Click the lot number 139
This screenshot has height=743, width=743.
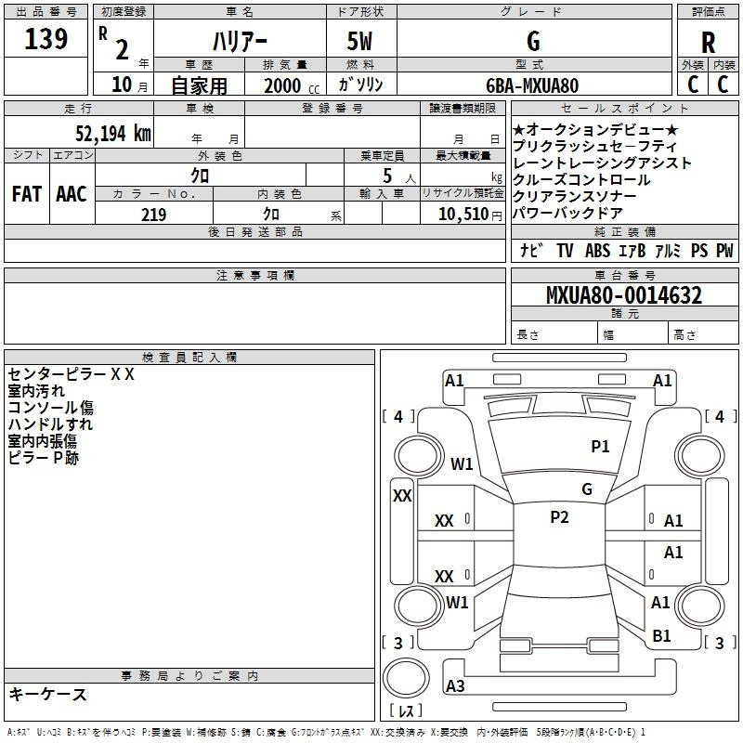pyautogui.click(x=46, y=40)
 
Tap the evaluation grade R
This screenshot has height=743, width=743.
pyautogui.click(x=709, y=43)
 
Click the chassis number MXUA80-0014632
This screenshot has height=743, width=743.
pyautogui.click(x=623, y=295)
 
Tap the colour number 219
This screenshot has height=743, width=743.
pyautogui.click(x=153, y=215)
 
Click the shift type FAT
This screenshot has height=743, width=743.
pyautogui.click(x=27, y=194)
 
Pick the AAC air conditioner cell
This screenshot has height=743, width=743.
pyautogui.click(x=72, y=194)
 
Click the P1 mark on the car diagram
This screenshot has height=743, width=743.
pyautogui.click(x=600, y=447)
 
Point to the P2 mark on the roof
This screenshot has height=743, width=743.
pyautogui.click(x=559, y=517)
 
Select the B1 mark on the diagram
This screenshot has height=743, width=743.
pyautogui.click(x=661, y=636)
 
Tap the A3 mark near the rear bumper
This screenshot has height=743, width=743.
pyautogui.click(x=455, y=685)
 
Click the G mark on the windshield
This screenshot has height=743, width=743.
pyautogui.click(x=587, y=489)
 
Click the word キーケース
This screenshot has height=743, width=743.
pyautogui.click(x=48, y=694)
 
